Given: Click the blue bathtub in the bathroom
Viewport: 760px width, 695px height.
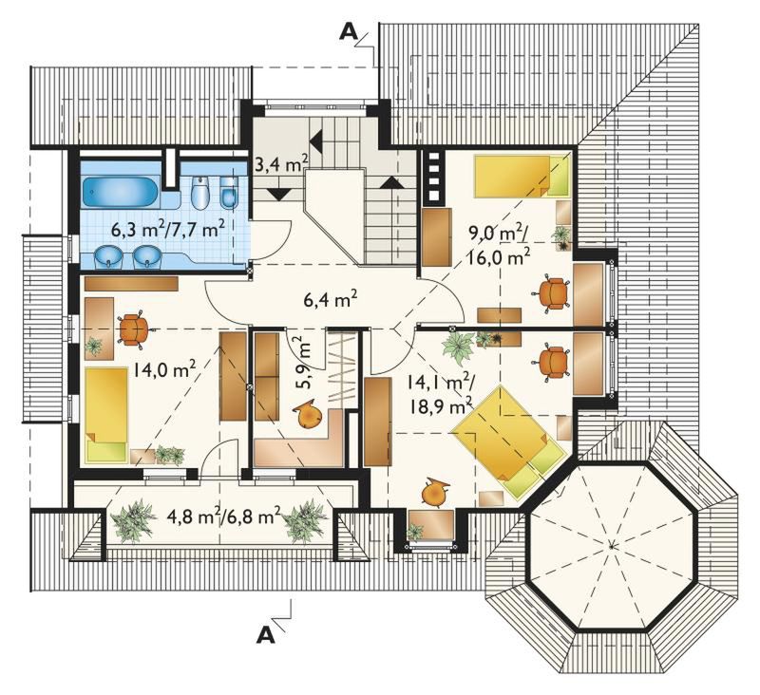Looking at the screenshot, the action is tap(120, 192).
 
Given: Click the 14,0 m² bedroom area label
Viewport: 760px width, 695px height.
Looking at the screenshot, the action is tap(165, 371).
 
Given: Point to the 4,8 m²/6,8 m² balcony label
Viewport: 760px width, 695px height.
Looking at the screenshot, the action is tap(223, 517).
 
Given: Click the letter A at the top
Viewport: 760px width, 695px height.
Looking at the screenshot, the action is tap(349, 31).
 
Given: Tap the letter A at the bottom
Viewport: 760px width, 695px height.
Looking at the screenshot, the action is tap(266, 634).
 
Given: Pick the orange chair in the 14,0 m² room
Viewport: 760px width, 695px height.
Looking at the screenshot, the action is tap(133, 329).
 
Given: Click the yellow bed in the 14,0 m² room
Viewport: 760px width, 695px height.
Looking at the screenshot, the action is tap(106, 415).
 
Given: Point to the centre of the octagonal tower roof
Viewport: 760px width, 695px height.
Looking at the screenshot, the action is tap(612, 546).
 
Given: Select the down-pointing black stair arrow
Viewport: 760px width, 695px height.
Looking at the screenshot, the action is tap(278, 195).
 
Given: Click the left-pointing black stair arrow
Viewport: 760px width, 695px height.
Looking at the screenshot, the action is tap(316, 141).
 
